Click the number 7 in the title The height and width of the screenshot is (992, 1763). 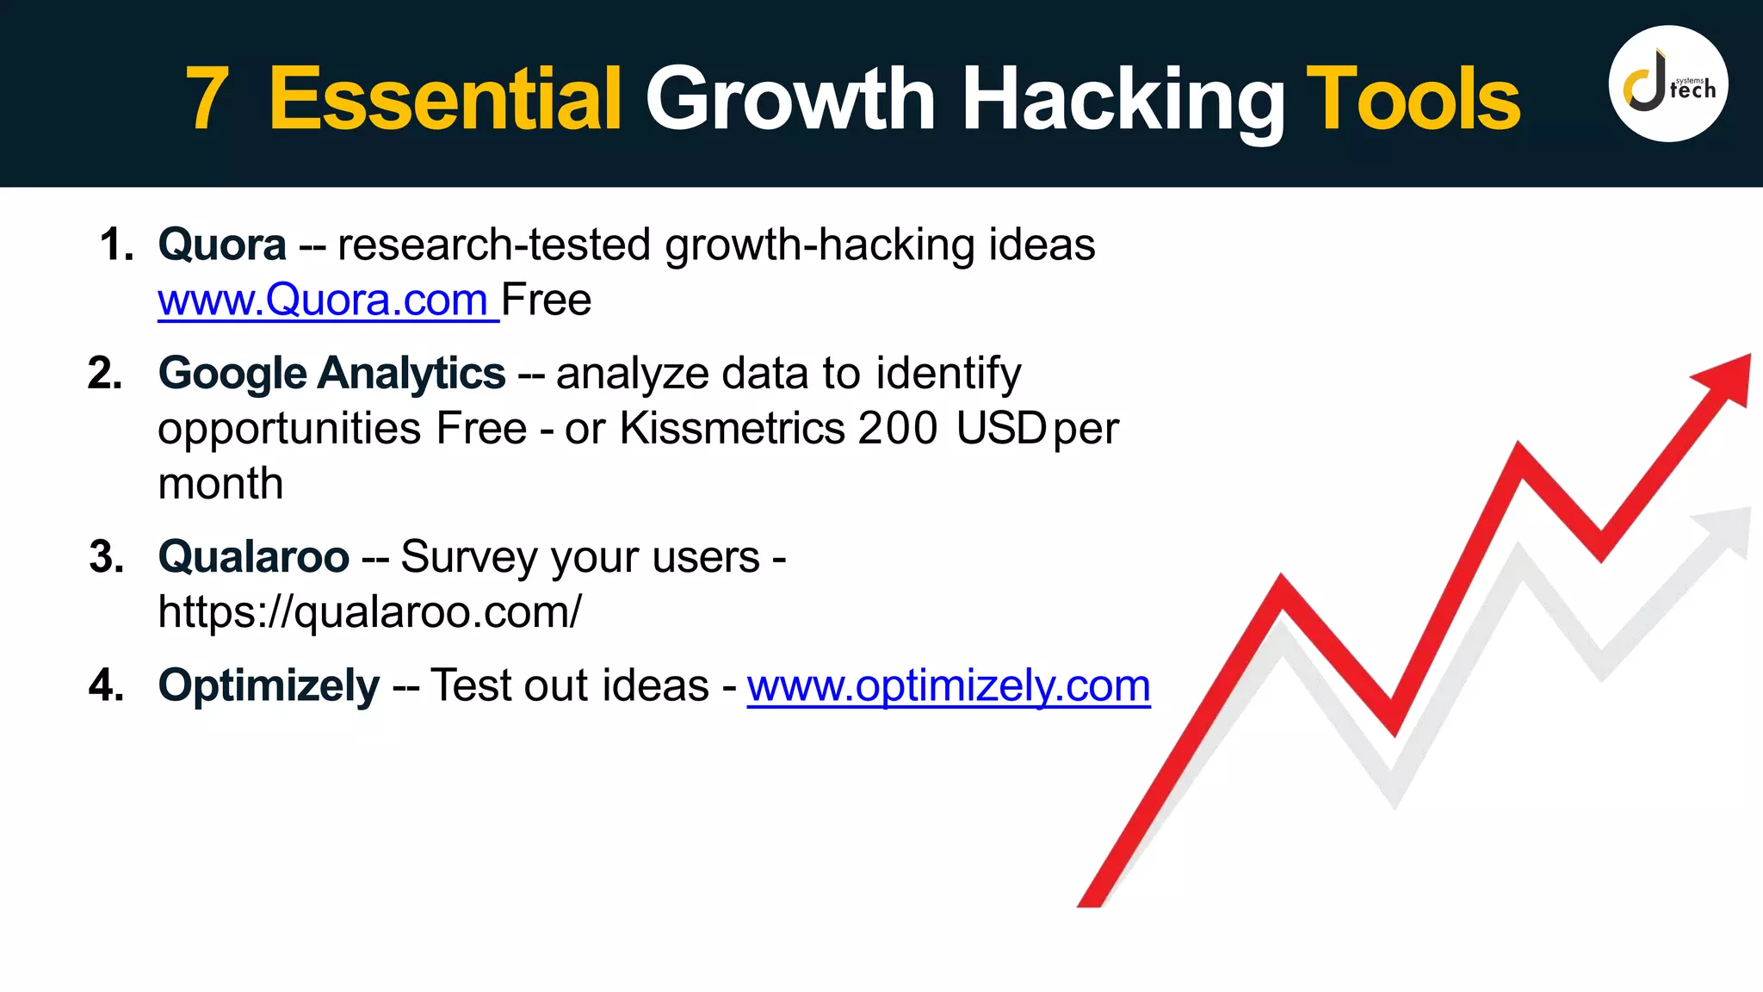pos(207,99)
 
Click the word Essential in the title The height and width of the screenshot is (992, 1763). pos(445,99)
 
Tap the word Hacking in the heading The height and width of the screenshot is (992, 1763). pos(1123,99)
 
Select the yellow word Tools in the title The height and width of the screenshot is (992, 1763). pos(1413,99)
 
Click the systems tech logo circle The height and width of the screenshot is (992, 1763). pos(1667,84)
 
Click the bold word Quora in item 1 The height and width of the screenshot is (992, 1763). pos(222,245)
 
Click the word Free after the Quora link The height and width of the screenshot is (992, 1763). pos(547,300)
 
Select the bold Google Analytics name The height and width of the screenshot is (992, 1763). pos(331,374)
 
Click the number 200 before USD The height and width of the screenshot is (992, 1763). pos(897,428)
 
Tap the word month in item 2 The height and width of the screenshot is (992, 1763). pos(220,483)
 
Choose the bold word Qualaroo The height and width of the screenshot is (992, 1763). pos(253,556)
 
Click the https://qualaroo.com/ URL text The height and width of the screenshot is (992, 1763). pos(369,612)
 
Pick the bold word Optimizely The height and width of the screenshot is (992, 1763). pos(269,685)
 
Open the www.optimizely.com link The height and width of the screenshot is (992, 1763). pos(948,685)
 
